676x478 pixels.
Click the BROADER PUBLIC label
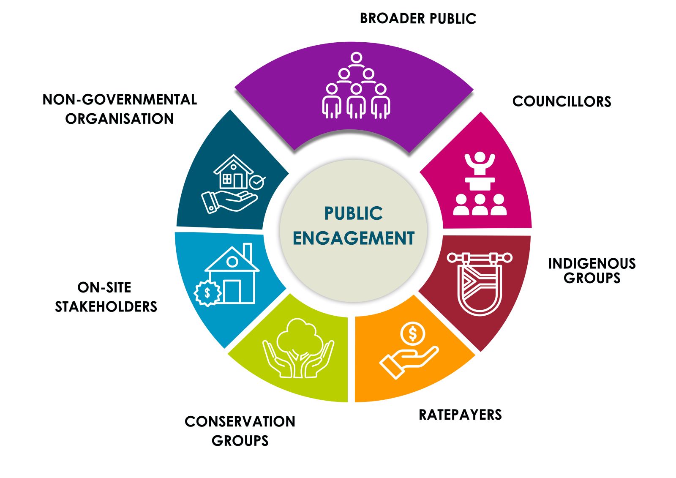[418, 19]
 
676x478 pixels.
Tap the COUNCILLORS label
[562, 101]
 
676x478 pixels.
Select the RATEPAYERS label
[460, 415]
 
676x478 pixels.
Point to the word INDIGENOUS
[591, 264]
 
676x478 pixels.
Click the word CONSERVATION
[240, 421]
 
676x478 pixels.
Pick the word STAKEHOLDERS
[106, 306]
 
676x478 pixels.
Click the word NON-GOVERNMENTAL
[120, 100]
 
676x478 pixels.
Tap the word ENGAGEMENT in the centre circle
[354, 238]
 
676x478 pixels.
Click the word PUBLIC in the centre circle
[354, 213]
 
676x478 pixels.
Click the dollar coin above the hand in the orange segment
[413, 334]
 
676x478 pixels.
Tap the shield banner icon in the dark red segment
[480, 283]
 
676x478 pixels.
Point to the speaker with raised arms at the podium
[480, 163]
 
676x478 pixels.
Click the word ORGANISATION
[120, 119]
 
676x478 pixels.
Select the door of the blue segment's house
[232, 291]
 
